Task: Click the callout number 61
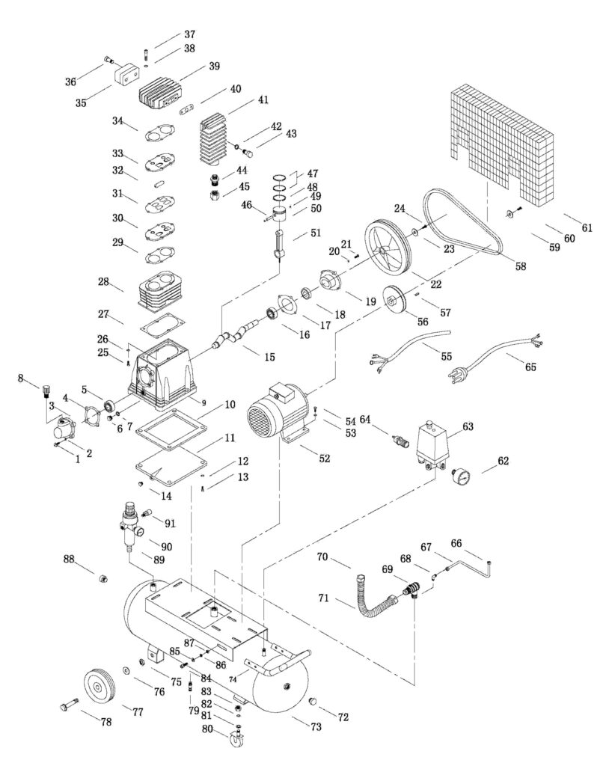[x=587, y=227]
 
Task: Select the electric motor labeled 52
[x=279, y=409]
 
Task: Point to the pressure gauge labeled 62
[x=460, y=476]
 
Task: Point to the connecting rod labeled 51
[x=278, y=244]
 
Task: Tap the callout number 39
[x=215, y=67]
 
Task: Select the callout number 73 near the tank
[x=316, y=726]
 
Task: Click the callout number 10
[x=230, y=405]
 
